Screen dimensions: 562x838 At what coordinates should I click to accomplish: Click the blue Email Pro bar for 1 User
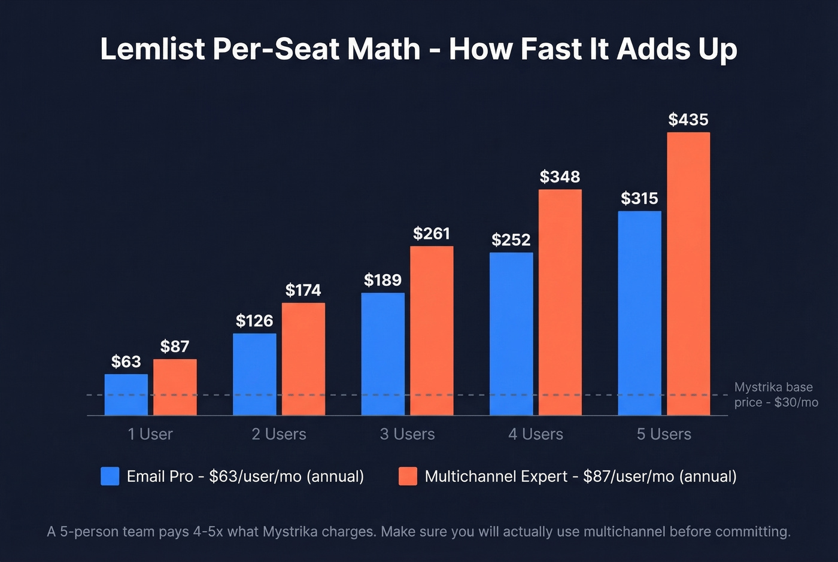[126, 394]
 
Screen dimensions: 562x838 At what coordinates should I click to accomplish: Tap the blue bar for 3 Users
[382, 354]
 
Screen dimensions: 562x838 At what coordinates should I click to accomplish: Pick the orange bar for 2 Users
[303, 359]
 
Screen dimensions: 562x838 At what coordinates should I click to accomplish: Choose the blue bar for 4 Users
[511, 333]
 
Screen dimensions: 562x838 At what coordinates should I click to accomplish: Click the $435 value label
[688, 120]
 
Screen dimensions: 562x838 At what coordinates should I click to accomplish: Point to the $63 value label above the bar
[126, 361]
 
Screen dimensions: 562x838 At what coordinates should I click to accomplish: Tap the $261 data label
[432, 233]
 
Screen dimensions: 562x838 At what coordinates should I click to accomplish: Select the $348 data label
[560, 177]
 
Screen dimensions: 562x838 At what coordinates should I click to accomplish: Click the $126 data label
[254, 321]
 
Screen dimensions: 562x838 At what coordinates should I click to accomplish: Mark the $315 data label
[639, 198]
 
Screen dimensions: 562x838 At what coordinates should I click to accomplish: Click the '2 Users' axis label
[279, 434]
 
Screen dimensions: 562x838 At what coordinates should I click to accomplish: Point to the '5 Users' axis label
[664, 434]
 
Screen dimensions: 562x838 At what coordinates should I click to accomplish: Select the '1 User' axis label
[150, 434]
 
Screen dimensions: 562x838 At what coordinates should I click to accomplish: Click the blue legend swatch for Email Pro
[110, 476]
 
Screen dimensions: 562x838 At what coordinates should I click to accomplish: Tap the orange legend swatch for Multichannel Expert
[408, 476]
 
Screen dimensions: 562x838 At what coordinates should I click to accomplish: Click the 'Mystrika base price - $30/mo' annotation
[776, 394]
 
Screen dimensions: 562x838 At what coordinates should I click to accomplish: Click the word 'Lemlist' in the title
[153, 48]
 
